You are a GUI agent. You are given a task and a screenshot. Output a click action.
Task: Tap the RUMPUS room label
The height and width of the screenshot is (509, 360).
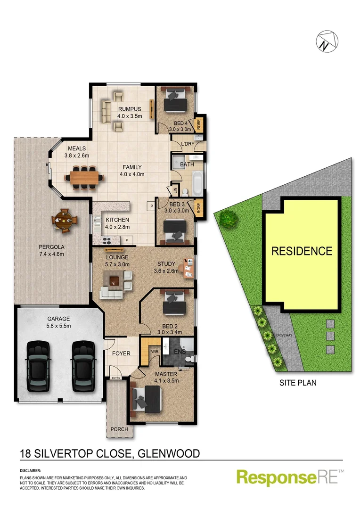(x=130, y=109)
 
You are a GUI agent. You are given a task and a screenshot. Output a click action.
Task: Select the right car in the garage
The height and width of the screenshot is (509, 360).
(x=82, y=366)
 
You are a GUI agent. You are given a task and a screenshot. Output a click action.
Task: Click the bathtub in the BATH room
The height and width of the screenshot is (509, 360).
(x=198, y=184)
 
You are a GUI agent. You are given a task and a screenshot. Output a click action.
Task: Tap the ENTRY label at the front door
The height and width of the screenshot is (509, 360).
(x=115, y=378)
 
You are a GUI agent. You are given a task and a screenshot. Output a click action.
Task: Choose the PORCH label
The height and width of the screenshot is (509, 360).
(x=119, y=429)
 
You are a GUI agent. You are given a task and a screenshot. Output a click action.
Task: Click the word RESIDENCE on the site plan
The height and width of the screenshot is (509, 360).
(x=302, y=251)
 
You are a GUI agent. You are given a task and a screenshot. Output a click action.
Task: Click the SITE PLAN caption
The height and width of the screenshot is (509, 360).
(x=297, y=383)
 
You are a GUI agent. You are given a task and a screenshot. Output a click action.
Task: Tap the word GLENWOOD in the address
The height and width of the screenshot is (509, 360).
(x=171, y=454)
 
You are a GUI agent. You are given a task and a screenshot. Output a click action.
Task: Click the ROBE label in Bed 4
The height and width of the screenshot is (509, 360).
(x=199, y=124)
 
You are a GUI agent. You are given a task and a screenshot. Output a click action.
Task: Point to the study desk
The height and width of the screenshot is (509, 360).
(x=189, y=268)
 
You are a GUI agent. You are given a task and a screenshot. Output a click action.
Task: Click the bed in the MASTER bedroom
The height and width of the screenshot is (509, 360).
(x=147, y=397)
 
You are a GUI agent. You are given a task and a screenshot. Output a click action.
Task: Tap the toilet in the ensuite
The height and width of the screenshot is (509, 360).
(x=190, y=359)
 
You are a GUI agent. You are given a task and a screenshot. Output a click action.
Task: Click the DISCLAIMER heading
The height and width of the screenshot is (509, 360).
(x=30, y=471)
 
